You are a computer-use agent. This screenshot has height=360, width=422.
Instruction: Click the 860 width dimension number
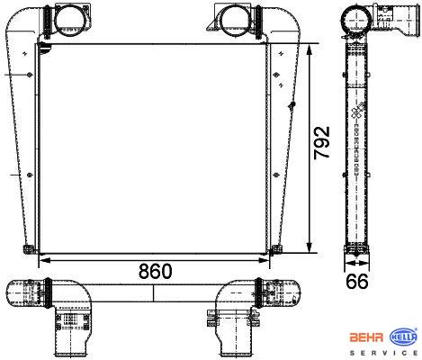pos(156,271)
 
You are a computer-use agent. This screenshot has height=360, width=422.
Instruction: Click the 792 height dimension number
pos(322,142)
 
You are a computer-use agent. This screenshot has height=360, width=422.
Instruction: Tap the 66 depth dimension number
pos(357,282)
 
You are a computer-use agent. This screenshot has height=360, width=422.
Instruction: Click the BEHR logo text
pos(366,337)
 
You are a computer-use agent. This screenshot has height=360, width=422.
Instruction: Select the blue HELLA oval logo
pos(403,337)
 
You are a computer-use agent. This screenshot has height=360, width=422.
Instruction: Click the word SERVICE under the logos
pos(383,353)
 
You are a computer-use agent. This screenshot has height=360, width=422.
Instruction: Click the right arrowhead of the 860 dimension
pos(264,260)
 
